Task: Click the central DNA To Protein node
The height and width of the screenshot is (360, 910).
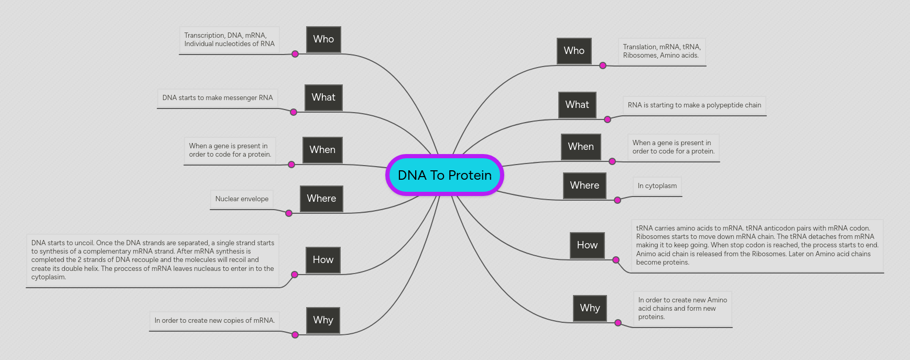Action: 445,175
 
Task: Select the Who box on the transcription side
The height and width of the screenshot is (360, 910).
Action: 323,39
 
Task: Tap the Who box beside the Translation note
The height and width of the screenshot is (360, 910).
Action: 574,51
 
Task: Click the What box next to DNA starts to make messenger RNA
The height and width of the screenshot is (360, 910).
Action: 323,97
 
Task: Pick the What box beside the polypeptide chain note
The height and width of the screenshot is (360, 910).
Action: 577,105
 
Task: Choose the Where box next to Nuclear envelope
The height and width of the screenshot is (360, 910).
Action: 321,199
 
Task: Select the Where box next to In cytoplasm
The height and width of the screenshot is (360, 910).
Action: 584,186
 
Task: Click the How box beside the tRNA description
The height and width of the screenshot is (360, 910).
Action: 587,245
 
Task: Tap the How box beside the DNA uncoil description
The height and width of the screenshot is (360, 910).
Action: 323,260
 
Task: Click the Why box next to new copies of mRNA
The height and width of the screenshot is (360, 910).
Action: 323,320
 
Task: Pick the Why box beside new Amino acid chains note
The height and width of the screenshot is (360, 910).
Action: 590,308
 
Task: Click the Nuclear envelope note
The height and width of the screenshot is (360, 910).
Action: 242,199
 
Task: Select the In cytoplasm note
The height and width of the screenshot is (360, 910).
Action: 657,186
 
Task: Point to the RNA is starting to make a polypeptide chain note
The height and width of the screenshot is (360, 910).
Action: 694,105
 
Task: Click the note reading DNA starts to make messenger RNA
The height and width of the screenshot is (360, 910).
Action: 218,98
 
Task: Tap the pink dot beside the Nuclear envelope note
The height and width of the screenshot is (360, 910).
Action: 289,213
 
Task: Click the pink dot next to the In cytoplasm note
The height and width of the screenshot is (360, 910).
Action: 617,200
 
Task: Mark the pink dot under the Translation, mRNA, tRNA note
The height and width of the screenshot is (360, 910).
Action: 603,66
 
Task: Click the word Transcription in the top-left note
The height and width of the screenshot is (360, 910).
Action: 204,36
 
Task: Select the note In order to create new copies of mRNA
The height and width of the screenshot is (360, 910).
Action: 214,321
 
